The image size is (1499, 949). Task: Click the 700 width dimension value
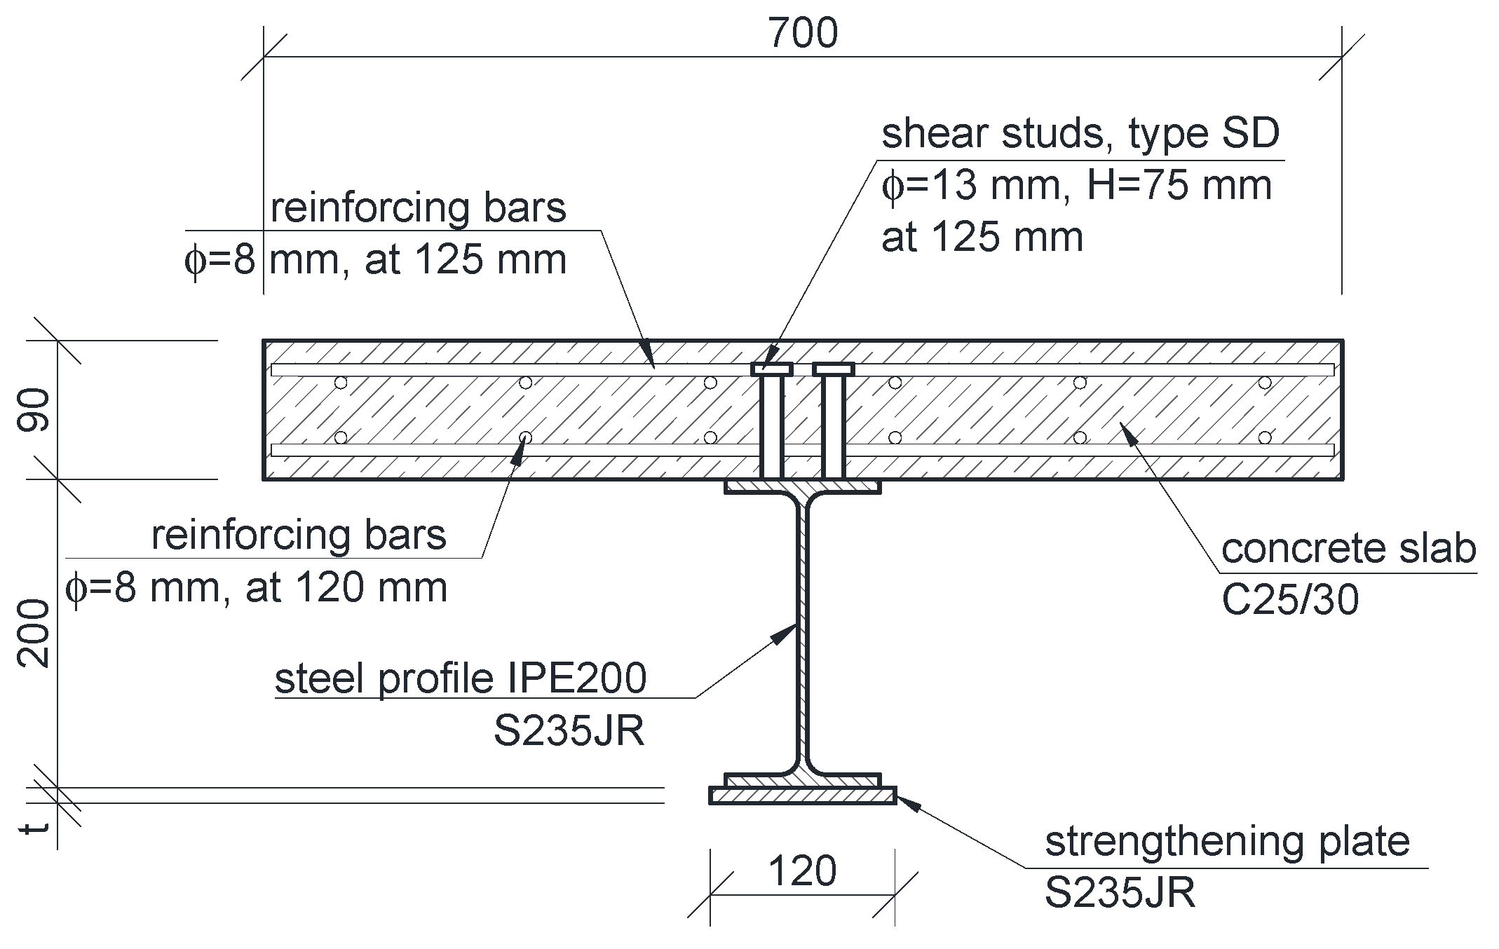click(x=803, y=34)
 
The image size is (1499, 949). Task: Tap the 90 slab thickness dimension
click(x=34, y=410)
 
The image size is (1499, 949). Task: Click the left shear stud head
click(x=771, y=369)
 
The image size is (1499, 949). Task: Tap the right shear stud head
click(x=833, y=369)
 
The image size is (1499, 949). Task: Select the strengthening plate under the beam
click(x=803, y=796)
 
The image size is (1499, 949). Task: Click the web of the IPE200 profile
click(x=802, y=631)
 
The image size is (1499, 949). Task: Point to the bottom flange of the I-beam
click(x=802, y=780)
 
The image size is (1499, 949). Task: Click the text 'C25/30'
click(x=1290, y=601)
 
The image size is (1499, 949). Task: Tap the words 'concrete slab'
click(x=1348, y=549)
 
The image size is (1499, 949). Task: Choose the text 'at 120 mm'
click(x=346, y=587)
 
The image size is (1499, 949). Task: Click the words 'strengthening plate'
click(x=1227, y=842)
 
